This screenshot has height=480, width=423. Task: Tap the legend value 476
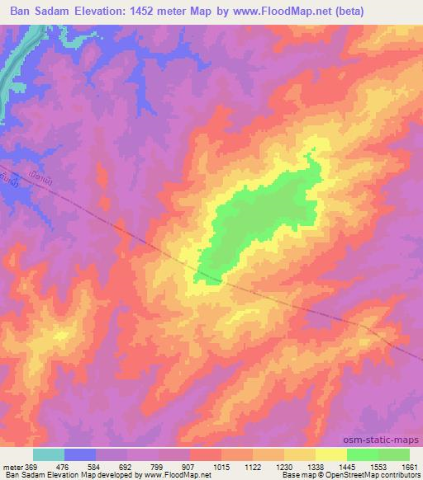(x=66, y=467)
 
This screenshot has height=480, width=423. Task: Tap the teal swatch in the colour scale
(x=49, y=454)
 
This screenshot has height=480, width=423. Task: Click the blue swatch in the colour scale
(x=80, y=454)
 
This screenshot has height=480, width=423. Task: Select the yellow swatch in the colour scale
(x=330, y=454)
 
